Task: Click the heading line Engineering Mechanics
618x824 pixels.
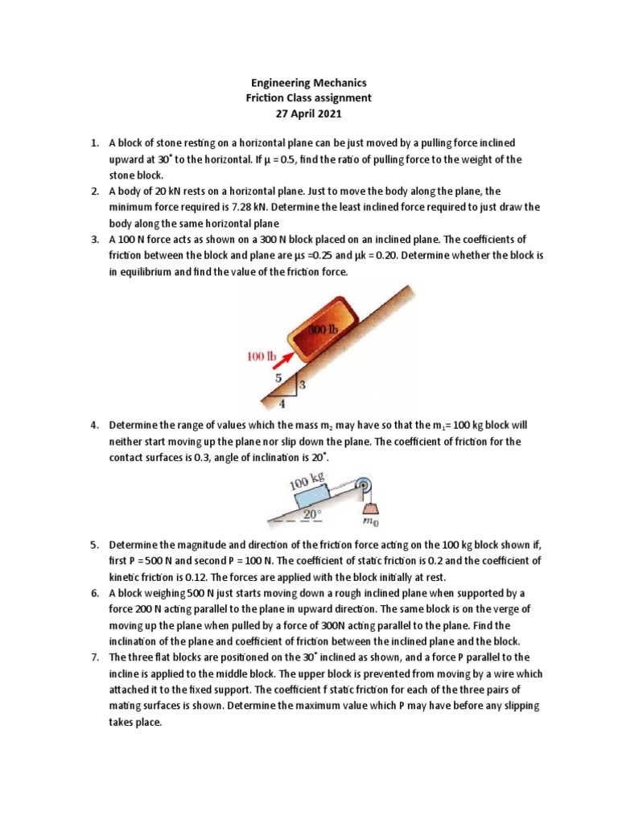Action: [x=308, y=82]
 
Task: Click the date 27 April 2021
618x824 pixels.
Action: [x=308, y=113]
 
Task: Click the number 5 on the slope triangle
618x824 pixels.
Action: [x=278, y=376]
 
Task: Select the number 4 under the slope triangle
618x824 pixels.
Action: [x=282, y=404]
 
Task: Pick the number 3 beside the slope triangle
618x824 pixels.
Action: [x=303, y=385]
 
